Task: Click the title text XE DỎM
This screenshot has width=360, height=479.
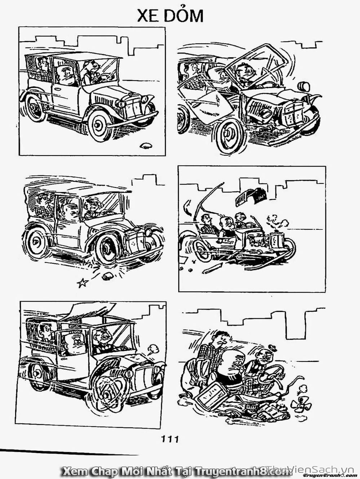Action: pyautogui.click(x=170, y=16)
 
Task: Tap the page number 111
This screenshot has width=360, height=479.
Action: pyautogui.click(x=170, y=439)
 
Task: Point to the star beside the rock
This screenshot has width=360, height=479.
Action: pyautogui.click(x=83, y=283)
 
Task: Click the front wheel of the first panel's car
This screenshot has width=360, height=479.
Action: pyautogui.click(x=98, y=126)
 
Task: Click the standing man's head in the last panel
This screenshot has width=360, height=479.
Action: pyautogui.click(x=222, y=342)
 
